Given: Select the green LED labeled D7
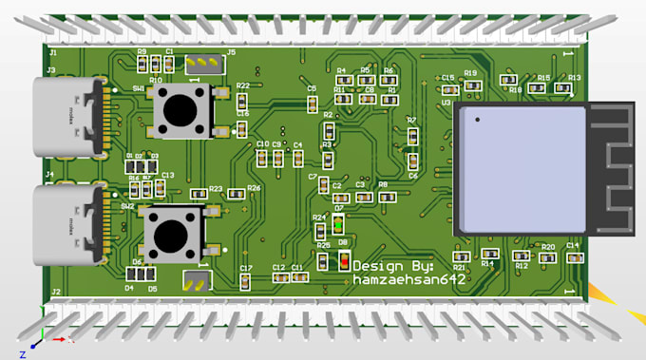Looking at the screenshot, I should (338, 224).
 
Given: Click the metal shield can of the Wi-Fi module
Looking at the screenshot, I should (521, 168).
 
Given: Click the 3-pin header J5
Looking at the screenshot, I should (200, 65).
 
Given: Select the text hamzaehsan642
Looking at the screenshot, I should (409, 280).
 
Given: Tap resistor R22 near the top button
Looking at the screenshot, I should (242, 100).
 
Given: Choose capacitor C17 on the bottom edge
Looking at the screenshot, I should (246, 280).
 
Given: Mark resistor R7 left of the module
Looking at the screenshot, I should (412, 136).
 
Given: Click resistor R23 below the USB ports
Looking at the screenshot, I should (199, 194).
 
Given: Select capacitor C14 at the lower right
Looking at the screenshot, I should (572, 256).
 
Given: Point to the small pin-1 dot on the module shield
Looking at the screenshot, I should (477, 119).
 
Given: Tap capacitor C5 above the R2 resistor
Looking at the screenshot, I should (312, 103).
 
